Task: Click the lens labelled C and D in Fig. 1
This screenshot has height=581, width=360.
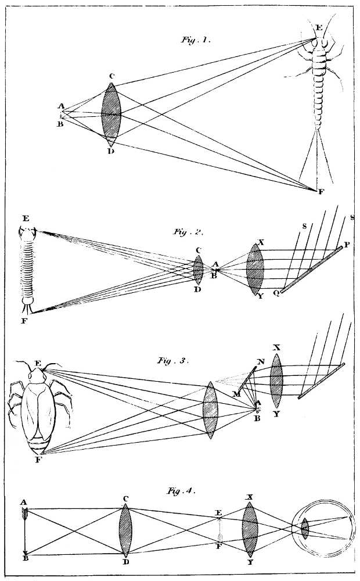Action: [x=111, y=114]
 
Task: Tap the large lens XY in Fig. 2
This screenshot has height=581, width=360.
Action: [x=255, y=270]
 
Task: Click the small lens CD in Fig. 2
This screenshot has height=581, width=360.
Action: [x=198, y=270]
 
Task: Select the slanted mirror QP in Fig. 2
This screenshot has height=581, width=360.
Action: [x=311, y=270]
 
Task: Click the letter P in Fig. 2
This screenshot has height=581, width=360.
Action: [x=347, y=245]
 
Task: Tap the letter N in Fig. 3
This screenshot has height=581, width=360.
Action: [x=261, y=361]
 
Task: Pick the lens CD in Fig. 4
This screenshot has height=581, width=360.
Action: [x=125, y=532]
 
